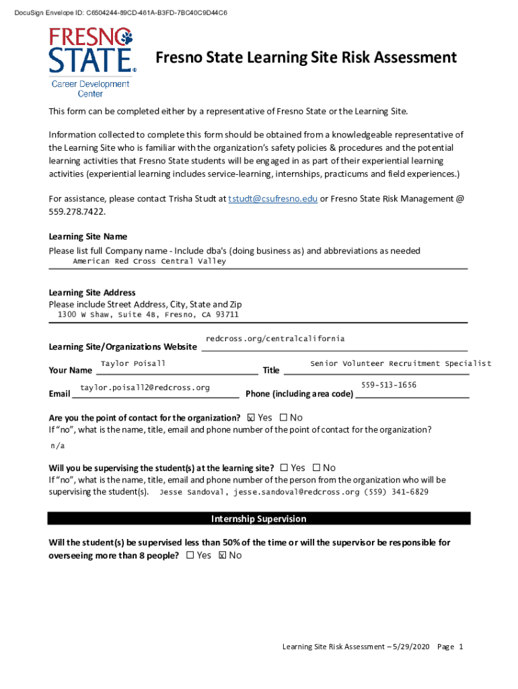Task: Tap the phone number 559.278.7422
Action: pyautogui.click(x=77, y=211)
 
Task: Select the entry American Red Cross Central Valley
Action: pyautogui.click(x=149, y=261)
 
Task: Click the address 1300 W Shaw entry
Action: pyautogui.click(x=148, y=315)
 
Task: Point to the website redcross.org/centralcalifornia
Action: pyautogui.click(x=275, y=338)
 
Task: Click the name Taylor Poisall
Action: pyautogui.click(x=133, y=364)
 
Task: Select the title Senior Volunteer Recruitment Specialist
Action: pyautogui.click(x=400, y=364)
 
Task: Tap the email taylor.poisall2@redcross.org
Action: pyautogui.click(x=145, y=388)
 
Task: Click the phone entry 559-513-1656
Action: pyautogui.click(x=389, y=385)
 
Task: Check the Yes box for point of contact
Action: pyautogui.click(x=252, y=418)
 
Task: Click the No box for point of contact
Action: pyautogui.click(x=283, y=418)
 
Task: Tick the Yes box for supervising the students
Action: pyautogui.click(x=284, y=468)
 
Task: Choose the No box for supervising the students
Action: pyautogui.click(x=316, y=468)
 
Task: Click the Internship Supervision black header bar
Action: pyautogui.click(x=259, y=519)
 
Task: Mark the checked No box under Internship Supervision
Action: pyautogui.click(x=223, y=555)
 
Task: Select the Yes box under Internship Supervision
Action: pyautogui.click(x=190, y=555)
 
